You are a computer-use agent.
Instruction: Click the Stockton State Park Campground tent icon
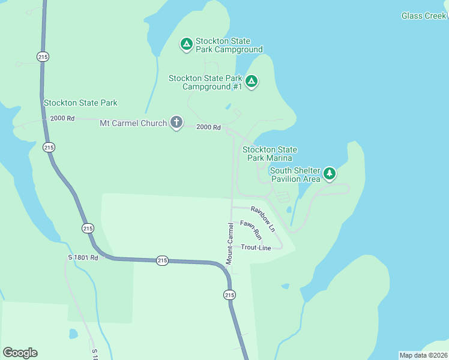tap(187, 44)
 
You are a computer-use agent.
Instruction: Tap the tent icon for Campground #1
tap(252, 81)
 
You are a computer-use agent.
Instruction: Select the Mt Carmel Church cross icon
tap(176, 122)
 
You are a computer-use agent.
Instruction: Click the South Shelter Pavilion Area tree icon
tap(329, 173)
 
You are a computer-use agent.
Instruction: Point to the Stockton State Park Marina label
tap(270, 154)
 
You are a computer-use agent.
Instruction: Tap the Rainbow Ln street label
tap(263, 218)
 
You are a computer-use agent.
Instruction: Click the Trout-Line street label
tap(256, 247)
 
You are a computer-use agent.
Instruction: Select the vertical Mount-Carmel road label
tap(229, 243)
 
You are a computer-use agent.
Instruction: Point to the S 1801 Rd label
tap(82, 258)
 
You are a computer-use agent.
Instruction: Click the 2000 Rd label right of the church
tap(209, 127)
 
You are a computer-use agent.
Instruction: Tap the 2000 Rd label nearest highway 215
tap(62, 118)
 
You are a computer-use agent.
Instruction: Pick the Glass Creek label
tap(424, 16)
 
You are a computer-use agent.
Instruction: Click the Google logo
tap(20, 353)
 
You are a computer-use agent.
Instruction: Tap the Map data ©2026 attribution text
tap(423, 355)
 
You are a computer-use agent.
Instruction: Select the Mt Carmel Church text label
tap(133, 123)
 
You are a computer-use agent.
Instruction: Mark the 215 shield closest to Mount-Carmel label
tap(229, 295)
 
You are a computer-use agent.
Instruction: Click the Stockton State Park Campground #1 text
tap(205, 82)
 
